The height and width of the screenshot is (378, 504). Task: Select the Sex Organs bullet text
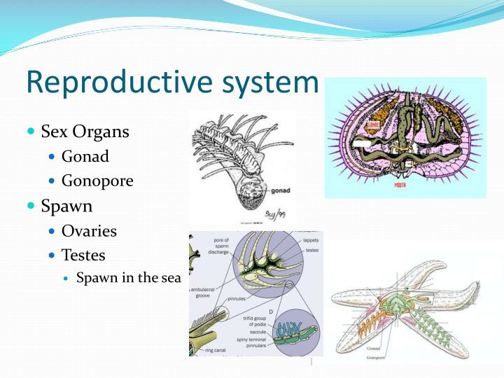(85, 132)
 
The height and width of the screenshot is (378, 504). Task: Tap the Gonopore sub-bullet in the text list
(97, 181)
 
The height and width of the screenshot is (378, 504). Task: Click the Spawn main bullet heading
(66, 206)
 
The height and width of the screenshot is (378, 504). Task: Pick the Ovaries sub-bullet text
(89, 231)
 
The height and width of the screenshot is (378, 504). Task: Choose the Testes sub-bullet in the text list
(83, 255)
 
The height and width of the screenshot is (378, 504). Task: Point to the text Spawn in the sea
(128, 278)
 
